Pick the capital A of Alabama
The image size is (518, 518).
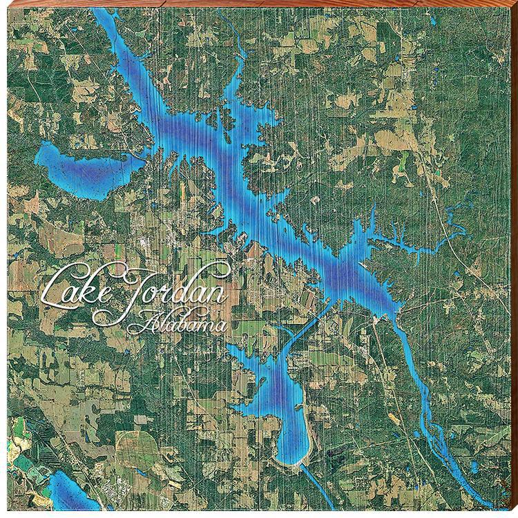click(149, 322)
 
